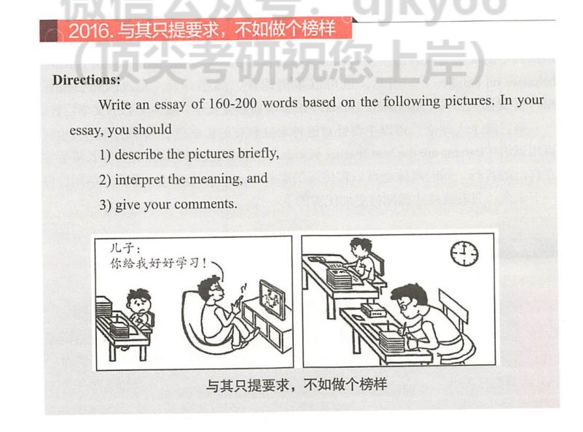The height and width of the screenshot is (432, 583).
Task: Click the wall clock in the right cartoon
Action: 463,252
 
